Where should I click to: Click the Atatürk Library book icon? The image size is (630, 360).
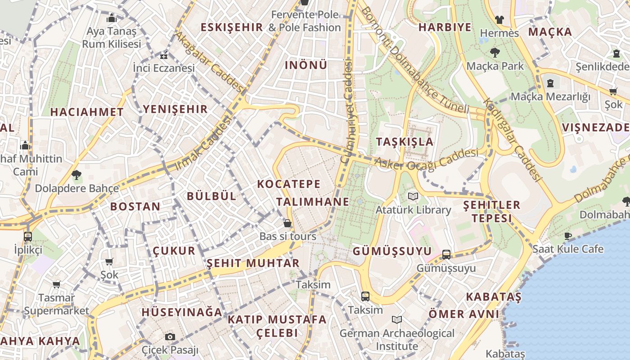[x=413, y=196]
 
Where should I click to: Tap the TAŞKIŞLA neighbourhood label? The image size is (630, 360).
[x=405, y=142]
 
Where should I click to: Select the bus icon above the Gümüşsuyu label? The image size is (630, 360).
[x=446, y=255]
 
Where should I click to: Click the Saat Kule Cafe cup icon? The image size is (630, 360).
[x=568, y=235]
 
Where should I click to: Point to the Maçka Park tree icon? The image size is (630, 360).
[x=495, y=53]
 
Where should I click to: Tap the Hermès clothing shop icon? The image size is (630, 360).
[x=499, y=20]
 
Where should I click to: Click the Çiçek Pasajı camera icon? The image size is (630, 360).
[x=170, y=337]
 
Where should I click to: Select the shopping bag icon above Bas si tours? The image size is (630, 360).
[x=288, y=223]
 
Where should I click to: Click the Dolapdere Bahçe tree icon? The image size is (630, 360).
[x=76, y=175]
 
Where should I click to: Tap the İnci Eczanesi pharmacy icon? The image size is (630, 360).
[x=164, y=56]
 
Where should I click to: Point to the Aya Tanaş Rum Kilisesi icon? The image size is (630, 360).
[x=111, y=18]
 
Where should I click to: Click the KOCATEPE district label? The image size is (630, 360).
[x=289, y=184]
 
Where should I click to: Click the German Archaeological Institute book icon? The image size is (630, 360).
[x=396, y=320]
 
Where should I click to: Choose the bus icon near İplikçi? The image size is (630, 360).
[x=28, y=236]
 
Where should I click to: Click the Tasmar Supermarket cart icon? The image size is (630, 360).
[x=56, y=284]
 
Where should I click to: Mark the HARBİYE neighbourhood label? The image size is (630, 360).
[x=445, y=27]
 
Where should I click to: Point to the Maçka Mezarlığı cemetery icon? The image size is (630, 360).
[x=550, y=83]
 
